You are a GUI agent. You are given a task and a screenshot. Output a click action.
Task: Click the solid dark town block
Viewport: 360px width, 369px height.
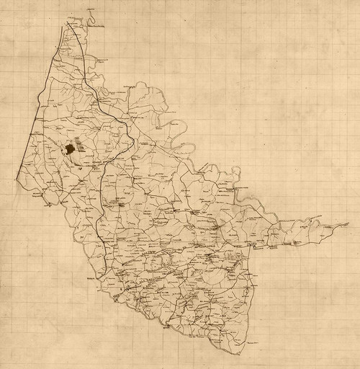coord(69,149)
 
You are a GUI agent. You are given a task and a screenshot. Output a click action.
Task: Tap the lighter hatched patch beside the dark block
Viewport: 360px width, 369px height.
coord(79,148)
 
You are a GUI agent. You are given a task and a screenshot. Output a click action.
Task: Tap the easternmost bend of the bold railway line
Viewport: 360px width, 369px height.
coord(130,137)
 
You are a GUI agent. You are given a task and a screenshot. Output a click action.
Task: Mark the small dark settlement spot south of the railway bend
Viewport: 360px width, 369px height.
coord(122,205)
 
